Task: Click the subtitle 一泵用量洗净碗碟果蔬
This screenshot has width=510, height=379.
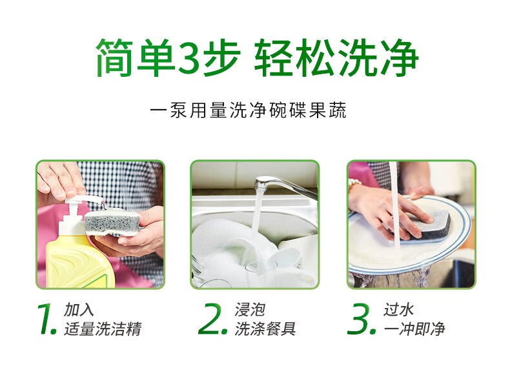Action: [248, 110]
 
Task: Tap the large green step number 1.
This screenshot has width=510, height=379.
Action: [46, 319]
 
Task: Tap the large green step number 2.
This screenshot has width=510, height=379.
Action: [213, 319]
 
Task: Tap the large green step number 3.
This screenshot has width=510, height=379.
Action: [362, 319]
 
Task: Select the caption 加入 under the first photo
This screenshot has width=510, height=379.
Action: [79, 309]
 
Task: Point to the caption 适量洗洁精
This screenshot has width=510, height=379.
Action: [103, 329]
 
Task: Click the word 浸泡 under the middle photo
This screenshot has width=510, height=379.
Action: [250, 309]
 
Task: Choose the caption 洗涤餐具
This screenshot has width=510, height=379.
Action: [265, 329]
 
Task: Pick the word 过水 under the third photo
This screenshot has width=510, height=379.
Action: [399, 309]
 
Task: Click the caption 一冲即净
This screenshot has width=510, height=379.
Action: [414, 329]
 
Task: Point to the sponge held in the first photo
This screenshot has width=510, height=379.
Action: [112, 221]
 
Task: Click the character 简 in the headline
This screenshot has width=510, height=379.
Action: [115, 58]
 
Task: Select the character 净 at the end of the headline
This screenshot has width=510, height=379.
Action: [399, 58]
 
